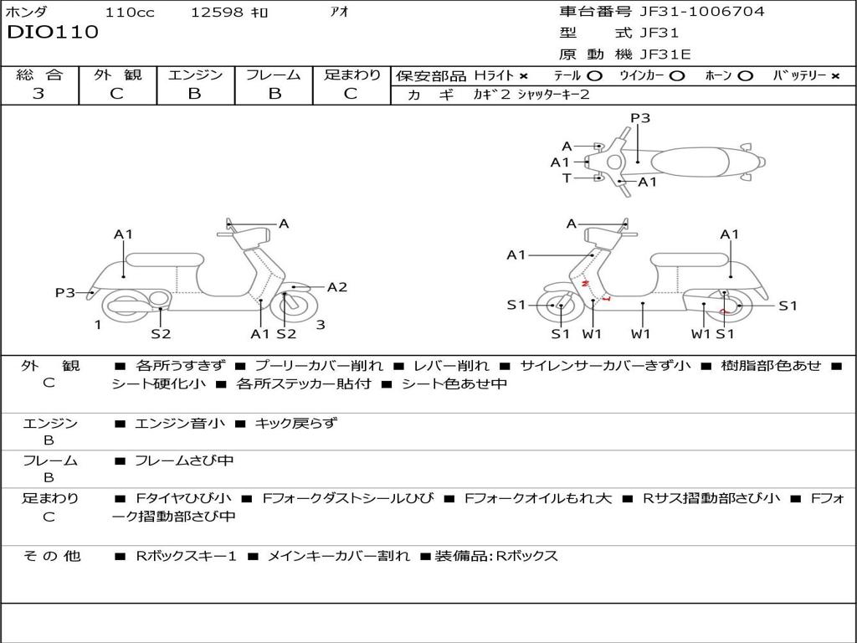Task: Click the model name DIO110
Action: pos(53,33)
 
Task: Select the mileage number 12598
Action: pos(218,12)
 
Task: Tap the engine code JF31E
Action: pos(665,54)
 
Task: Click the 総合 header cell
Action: pos(39,75)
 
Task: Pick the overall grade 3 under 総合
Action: pos(38,94)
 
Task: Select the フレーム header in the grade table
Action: pos(273,75)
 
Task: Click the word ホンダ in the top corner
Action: pos(27,12)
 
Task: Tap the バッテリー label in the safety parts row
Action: pos(793,75)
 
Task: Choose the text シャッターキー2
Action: pos(554,95)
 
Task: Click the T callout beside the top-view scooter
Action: pos(567,177)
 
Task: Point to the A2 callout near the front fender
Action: pos(337,287)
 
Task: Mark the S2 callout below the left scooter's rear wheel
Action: pos(161,334)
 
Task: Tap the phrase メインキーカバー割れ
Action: pos(338,556)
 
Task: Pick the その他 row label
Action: pos(51,556)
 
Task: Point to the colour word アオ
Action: pos(341,12)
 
